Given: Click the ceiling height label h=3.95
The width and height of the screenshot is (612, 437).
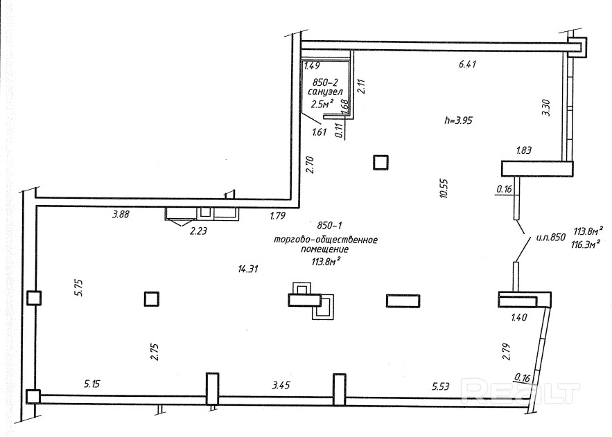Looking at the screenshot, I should point(457,119).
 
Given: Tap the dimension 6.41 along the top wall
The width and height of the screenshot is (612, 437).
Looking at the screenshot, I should point(469,64).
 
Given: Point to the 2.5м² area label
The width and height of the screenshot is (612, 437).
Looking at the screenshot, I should point(322,104).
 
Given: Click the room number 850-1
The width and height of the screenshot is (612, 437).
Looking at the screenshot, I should point(331,226).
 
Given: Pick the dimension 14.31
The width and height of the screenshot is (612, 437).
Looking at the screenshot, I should point(247,269).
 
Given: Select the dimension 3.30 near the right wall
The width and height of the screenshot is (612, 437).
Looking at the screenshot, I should point(545,108).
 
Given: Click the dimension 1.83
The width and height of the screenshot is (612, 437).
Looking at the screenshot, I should point(524,150).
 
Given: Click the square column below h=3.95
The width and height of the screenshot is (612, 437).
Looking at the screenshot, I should point(381,162).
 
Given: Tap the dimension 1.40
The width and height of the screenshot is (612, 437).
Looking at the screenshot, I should point(520,317).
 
